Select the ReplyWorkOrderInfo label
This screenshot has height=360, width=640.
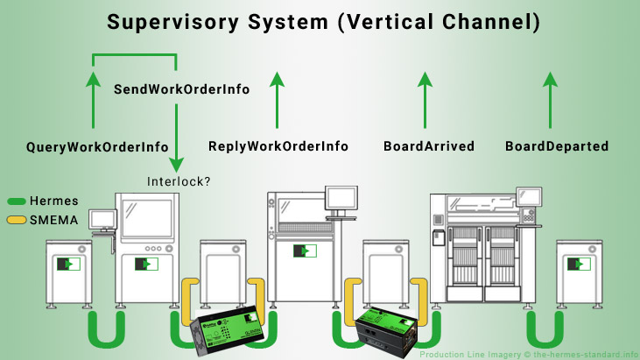[x=278, y=146]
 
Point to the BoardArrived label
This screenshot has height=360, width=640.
[x=429, y=146]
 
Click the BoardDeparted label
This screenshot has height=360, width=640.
[x=557, y=146]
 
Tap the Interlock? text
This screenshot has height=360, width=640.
[x=179, y=181]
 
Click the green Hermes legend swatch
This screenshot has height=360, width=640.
[x=16, y=201]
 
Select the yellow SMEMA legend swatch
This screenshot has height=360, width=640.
[x=16, y=220]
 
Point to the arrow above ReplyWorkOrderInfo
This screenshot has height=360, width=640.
[x=278, y=101]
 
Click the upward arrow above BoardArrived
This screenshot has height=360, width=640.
[x=425, y=101]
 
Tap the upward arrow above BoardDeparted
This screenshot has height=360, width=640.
[x=550, y=101]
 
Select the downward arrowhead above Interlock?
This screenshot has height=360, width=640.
[x=177, y=164]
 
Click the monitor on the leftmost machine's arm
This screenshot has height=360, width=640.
[x=103, y=219]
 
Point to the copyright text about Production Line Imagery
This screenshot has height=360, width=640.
[x=528, y=354]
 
